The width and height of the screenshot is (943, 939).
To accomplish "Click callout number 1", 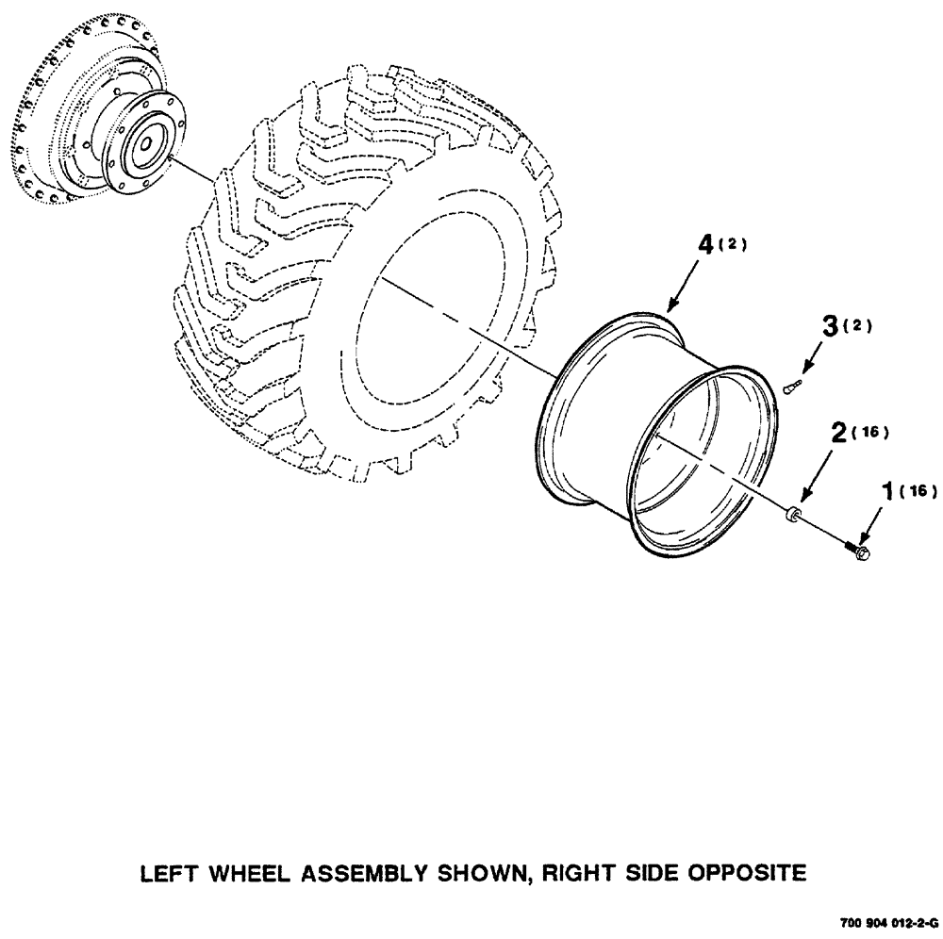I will (886, 490).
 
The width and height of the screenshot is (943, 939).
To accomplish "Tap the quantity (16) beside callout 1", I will (917, 491).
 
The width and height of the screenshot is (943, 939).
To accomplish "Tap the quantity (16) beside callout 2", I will (869, 433).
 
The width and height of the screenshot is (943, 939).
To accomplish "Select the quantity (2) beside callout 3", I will (859, 326).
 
